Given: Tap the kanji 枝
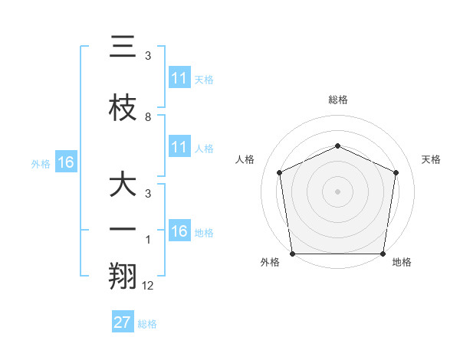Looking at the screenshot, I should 123,107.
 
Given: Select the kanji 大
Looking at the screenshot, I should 123,185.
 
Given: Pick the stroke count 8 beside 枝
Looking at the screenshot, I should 148,117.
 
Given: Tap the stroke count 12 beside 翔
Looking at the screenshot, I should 148,286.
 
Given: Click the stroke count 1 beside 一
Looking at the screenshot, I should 148,239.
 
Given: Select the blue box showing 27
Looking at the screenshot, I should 123,322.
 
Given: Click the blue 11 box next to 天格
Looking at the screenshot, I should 179,78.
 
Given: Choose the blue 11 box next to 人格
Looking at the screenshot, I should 179,147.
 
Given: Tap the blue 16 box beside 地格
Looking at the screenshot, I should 179,231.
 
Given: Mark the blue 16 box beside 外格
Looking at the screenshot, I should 66,162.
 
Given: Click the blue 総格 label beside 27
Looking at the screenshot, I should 147,323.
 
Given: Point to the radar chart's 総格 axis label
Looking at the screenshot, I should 338,100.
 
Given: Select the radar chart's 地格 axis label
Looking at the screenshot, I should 402,262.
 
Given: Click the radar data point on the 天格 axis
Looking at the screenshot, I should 396,172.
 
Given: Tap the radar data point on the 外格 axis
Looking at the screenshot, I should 292,254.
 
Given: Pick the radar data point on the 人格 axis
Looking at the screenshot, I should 280,172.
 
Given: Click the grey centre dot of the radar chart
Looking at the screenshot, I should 338,191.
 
